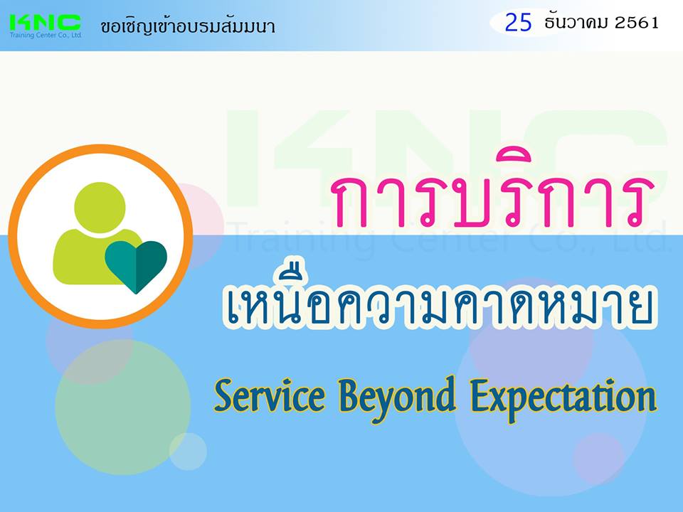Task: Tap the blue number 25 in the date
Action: point(518,23)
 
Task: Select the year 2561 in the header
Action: point(637,23)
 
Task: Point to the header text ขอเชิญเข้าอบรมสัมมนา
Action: point(188,26)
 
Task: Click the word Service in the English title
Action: point(270,396)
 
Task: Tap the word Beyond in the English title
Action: point(397,398)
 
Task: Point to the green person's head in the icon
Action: point(100,207)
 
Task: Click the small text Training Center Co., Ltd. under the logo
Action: point(46,36)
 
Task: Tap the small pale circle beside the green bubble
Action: point(188,452)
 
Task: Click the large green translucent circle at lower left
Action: point(122,407)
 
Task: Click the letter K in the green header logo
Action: point(20,23)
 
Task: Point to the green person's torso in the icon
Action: point(92,257)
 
